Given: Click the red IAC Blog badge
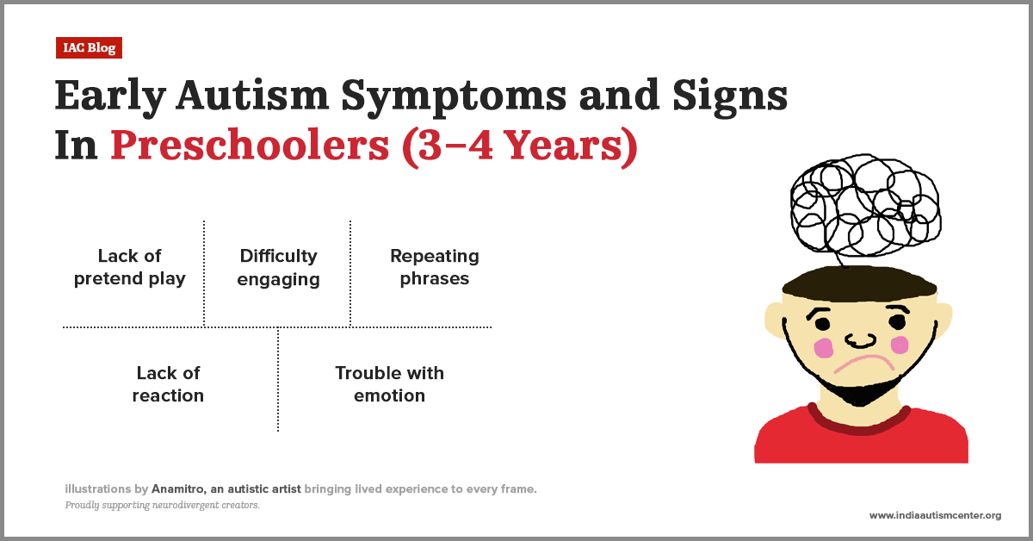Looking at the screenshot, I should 90,48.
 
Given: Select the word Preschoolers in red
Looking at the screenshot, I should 249,147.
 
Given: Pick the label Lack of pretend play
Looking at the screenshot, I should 130,267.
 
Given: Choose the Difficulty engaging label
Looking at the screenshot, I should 278,267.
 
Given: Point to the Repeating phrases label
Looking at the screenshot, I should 434,267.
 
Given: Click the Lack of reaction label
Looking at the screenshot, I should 168,384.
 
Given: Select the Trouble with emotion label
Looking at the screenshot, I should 389,384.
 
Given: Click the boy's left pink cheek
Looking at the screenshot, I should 824,348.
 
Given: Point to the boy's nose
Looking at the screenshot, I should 860,339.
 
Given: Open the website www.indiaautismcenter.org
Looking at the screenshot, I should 935,515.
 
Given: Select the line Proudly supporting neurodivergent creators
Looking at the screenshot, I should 162,506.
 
